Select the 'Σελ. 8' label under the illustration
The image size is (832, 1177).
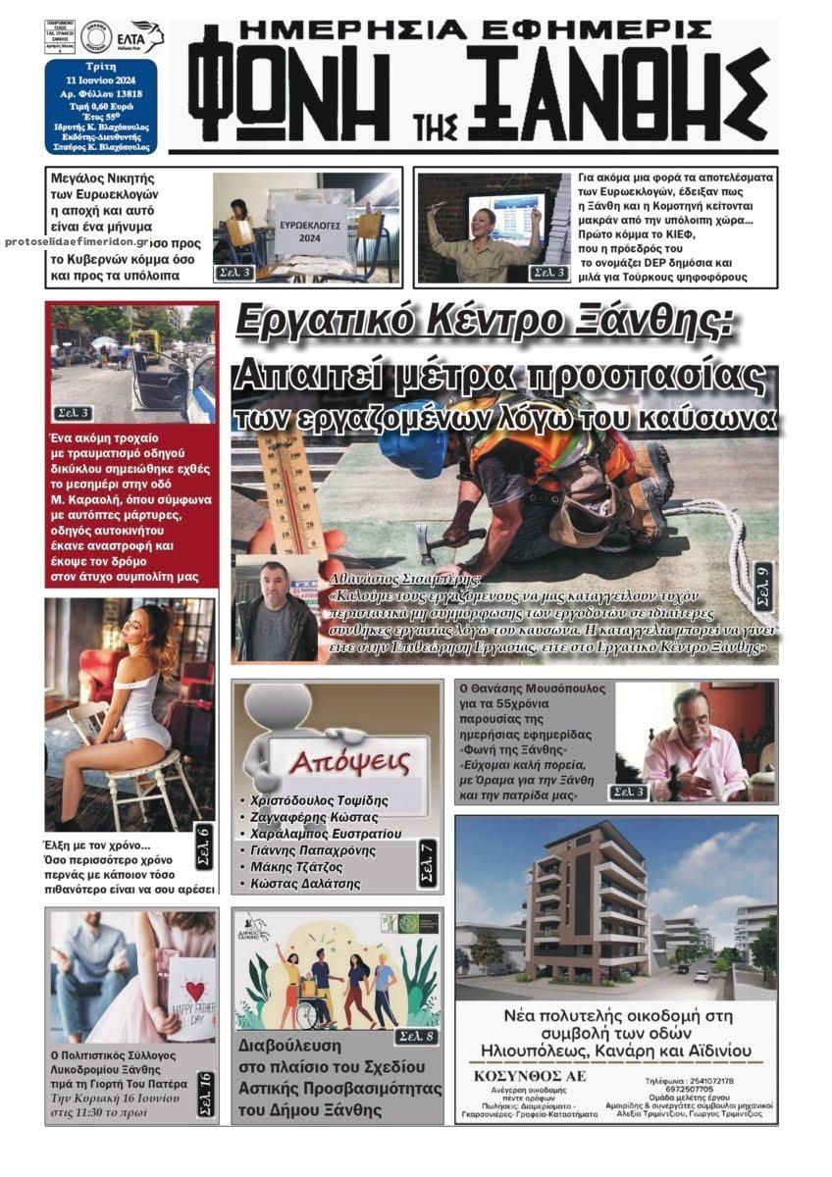pos(415,1036)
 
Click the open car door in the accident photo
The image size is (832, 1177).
pos(161,374)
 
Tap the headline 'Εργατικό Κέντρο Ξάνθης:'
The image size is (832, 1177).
pos(485,322)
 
